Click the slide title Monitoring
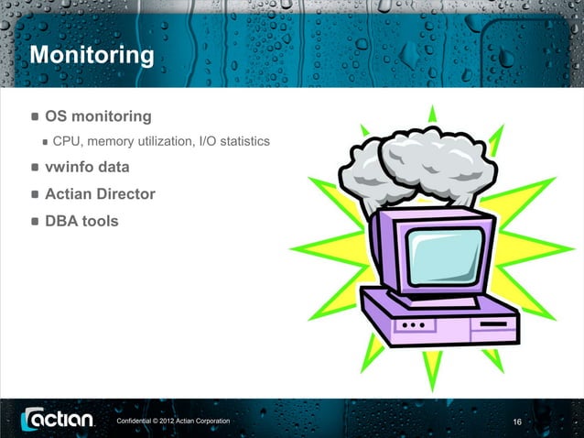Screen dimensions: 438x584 point(92,56)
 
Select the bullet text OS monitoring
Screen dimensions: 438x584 point(98,117)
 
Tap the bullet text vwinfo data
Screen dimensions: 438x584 point(87,168)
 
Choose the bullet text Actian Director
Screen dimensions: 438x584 point(100,194)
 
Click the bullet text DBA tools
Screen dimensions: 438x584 point(81,221)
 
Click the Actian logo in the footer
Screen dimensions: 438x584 point(57,420)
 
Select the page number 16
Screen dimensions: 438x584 point(517,422)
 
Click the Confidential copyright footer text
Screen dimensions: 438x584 point(172,421)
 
